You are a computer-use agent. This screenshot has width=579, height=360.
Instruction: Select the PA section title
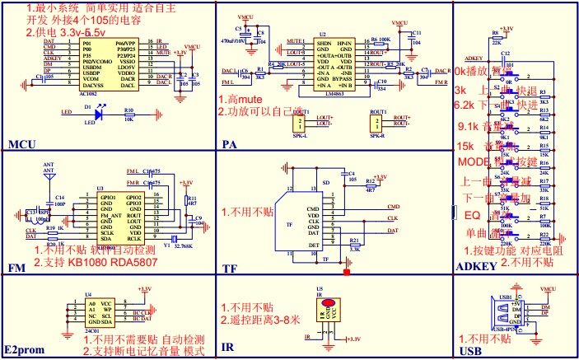point(230,145)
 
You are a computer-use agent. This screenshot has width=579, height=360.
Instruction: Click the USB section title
point(468,350)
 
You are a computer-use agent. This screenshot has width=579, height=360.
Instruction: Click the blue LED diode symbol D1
point(101,116)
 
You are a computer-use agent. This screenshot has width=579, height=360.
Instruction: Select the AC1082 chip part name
point(89,95)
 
